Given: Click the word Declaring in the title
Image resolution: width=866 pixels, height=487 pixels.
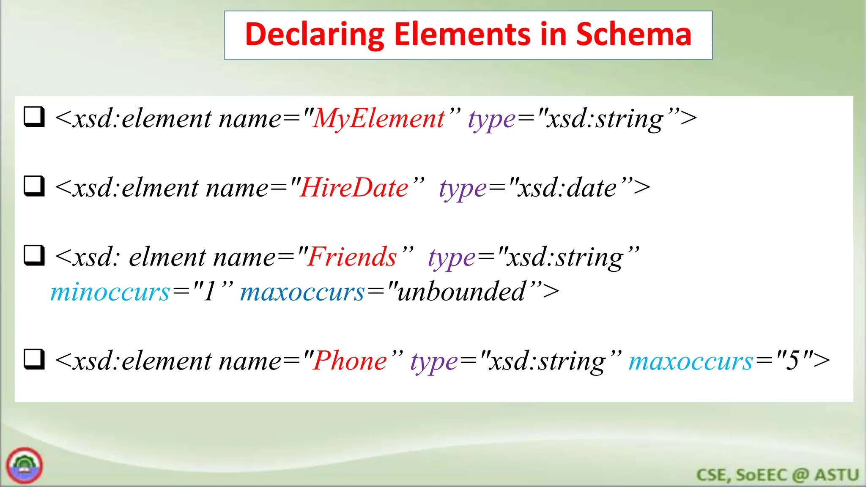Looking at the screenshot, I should coord(314,35).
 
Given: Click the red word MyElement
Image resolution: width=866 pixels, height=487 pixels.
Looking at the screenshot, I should coord(378,118).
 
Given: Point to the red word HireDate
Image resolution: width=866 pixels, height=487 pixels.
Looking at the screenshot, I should coord(354,188).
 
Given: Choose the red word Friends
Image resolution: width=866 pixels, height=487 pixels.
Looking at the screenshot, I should coord(352,257).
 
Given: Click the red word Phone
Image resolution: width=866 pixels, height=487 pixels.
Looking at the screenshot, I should coord(350,361).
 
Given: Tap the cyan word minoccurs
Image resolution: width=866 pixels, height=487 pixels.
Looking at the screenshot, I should coord(110,292).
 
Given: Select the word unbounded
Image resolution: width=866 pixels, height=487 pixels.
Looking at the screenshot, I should coord(461,292).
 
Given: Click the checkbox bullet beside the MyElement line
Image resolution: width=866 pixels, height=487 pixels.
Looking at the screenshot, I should coord(34,117).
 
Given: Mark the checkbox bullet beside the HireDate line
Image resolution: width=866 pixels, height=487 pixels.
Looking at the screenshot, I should coord(34,186).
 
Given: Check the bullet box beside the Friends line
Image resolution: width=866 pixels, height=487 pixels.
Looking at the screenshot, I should coord(34,255).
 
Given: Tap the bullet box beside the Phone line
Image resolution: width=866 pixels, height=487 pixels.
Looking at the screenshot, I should coord(34,359).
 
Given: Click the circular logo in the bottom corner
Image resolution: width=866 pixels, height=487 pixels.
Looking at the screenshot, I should coord(25,465).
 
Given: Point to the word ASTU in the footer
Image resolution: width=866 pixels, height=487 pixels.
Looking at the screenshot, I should coord(837,475).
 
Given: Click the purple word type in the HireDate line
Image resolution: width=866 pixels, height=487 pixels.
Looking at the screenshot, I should coord(463,189).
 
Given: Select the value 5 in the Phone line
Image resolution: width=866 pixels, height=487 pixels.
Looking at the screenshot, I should coord(792,361).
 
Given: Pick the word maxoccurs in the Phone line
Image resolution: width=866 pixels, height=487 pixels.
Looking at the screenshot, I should coord(691,362).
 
